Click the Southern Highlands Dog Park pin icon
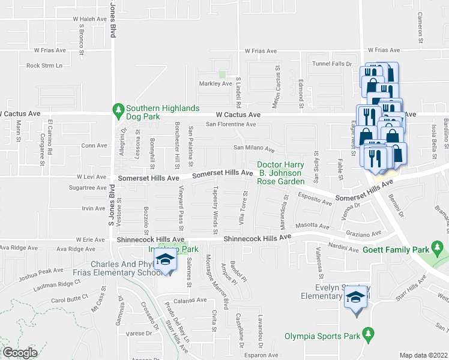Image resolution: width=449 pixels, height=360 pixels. (118, 109)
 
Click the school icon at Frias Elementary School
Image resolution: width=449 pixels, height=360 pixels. (163, 260)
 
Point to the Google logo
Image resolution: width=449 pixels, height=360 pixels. (20, 353)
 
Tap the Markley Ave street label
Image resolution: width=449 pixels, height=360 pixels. (215, 84)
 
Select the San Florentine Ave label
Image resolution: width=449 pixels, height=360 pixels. (231, 125)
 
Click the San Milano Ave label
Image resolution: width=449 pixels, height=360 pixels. (254, 148)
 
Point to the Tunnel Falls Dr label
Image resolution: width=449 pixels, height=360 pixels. (330, 64)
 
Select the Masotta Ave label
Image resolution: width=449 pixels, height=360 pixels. (316, 227)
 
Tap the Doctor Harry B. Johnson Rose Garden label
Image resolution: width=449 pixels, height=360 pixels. (281, 173)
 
